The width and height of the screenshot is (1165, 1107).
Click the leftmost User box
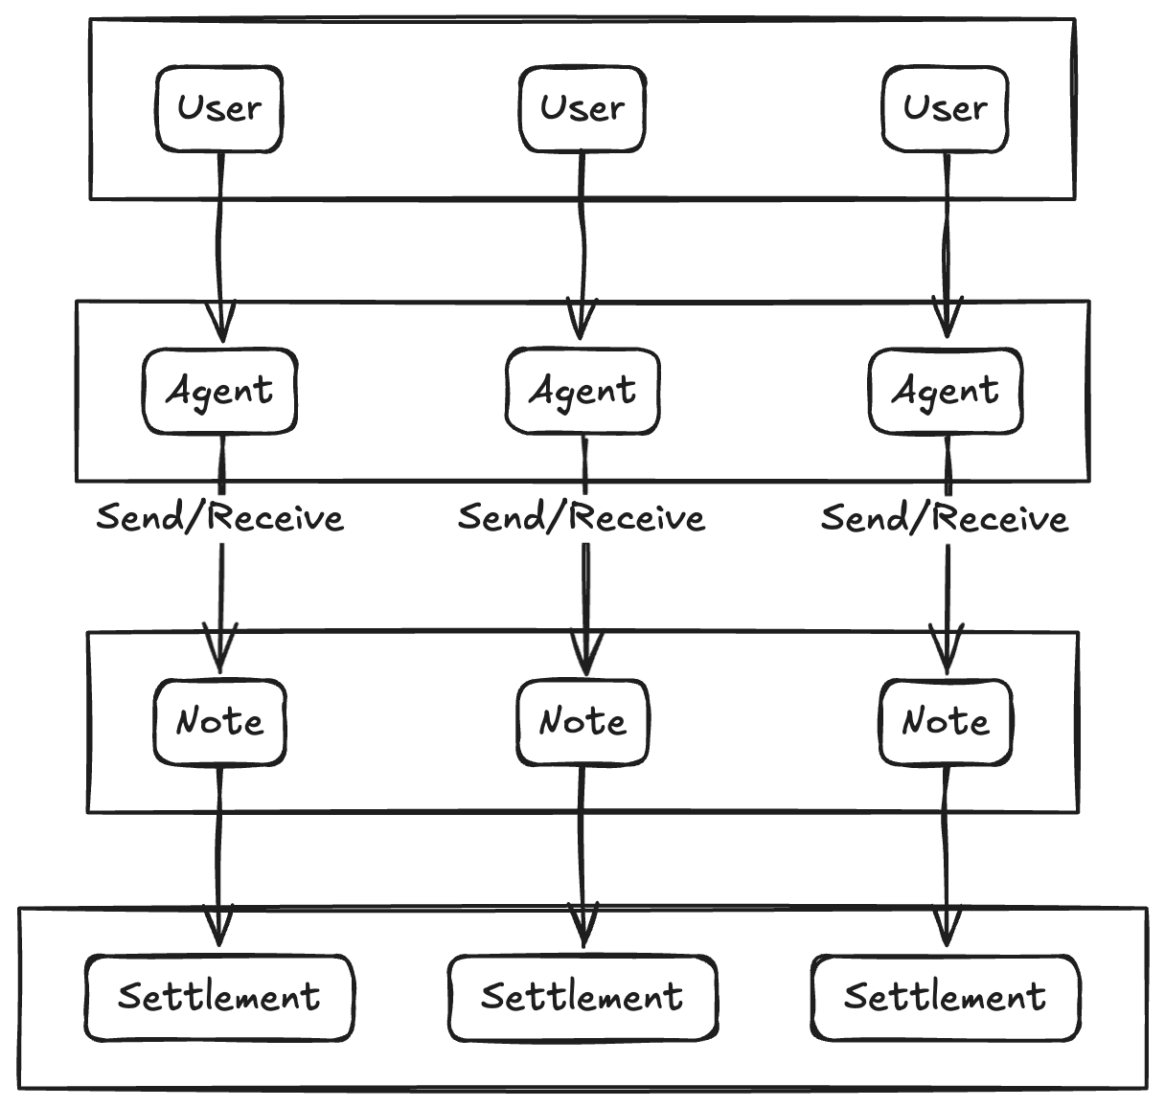[219, 108]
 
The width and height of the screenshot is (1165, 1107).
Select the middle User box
[582, 108]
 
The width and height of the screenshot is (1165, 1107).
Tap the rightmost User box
[945, 108]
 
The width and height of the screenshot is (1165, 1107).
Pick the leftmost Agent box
[219, 391]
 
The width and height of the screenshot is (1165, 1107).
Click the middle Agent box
[582, 391]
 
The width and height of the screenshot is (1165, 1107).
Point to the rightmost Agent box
[945, 391]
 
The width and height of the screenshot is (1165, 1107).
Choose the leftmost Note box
[219, 722]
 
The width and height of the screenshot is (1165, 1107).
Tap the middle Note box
[582, 722]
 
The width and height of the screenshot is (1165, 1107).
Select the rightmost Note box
[945, 722]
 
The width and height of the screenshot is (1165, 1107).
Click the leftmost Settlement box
[219, 997]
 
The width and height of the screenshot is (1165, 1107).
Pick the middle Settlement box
[582, 997]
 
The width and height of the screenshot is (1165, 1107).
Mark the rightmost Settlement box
[945, 997]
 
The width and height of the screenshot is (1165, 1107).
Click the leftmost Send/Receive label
[219, 518]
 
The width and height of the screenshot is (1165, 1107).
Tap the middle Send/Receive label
[582, 518]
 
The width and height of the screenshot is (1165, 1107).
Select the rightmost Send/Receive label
[945, 518]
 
